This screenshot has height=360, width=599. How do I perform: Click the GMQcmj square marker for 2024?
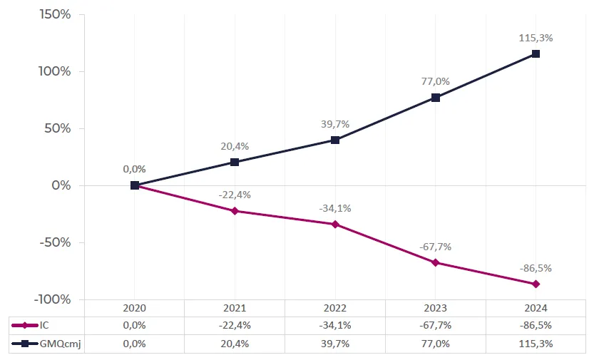pos(536,54)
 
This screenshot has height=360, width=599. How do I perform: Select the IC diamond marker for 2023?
pos(435,262)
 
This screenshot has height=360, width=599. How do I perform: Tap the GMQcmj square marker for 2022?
pos(335,140)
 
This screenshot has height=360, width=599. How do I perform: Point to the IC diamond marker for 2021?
pos(235,211)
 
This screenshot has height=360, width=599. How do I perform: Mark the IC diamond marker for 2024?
pos(536,284)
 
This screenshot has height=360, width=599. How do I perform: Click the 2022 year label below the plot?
pos(335,308)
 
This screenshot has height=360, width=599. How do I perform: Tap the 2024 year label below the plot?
pos(536,308)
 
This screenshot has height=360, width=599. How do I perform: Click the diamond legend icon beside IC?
pos(25,326)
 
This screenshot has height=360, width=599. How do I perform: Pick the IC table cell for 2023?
pos(435,326)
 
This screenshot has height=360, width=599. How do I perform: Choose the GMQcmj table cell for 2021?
pos(235,344)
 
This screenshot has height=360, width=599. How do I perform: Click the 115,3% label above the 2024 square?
pos(536,38)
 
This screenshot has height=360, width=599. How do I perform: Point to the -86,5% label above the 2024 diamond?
pos(536,269)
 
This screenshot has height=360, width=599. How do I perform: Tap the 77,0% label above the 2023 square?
pos(435,82)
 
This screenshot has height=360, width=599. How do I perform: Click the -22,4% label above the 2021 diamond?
pos(235,195)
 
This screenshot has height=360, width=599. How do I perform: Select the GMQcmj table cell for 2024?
pos(536,344)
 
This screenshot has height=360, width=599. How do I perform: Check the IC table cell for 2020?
pos(134,326)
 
